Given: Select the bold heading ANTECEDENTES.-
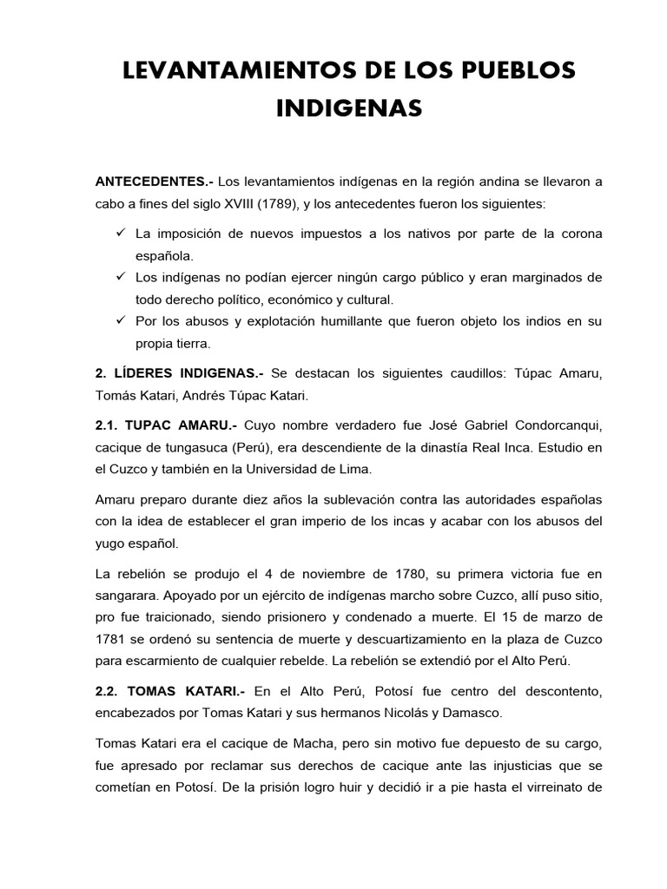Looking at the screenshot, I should coord(154,182).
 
